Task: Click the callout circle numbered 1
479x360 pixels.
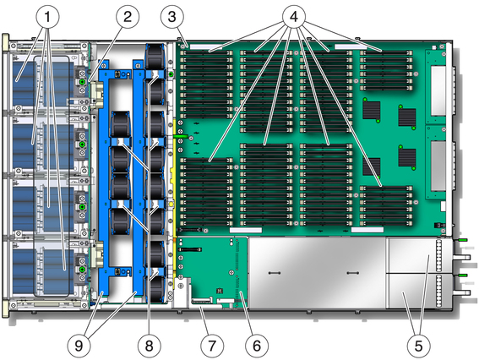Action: [47, 17]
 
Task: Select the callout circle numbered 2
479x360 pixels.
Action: [128, 17]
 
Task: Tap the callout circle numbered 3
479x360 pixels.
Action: [172, 17]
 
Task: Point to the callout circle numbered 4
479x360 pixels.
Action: [294, 17]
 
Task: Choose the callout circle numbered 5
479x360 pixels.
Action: [418, 346]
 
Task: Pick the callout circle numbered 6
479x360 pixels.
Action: [257, 346]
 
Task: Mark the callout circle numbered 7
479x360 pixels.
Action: [212, 346]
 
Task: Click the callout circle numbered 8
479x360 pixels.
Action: [149, 346]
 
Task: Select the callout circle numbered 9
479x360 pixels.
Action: [79, 346]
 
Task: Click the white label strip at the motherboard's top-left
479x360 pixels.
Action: [206, 46]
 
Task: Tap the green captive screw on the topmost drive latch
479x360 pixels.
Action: [82, 82]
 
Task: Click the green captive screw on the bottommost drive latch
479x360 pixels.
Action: [82, 270]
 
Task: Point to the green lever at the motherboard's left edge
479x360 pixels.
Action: [180, 136]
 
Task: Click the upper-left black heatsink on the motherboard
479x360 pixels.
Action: [372, 111]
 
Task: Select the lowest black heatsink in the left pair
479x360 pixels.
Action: [372, 166]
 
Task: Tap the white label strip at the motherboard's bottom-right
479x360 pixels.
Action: [367, 230]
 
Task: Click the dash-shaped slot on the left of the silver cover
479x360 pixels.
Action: [274, 272]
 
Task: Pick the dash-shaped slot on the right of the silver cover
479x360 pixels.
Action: [353, 273]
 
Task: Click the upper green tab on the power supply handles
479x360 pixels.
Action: [462, 240]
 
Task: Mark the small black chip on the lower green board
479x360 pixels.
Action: [219, 290]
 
